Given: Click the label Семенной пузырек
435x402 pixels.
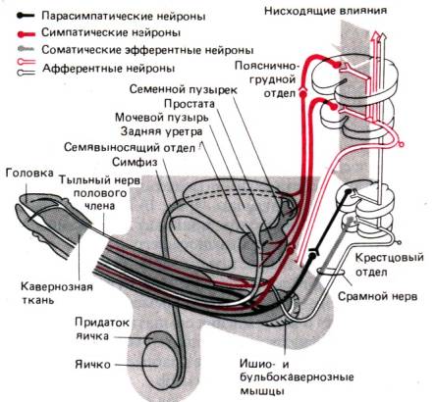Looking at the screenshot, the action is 184,89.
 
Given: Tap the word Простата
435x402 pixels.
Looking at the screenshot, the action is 190,104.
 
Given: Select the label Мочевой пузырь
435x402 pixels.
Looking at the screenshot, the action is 162,118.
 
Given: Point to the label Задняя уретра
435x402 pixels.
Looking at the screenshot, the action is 161,131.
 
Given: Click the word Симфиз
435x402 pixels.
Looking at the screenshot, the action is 135,162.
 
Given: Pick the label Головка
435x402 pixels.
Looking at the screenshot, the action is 29,173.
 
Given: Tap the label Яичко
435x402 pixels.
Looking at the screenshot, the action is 93,365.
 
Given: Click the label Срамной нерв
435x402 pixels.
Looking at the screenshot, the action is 377,297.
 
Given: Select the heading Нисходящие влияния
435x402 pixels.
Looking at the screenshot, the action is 325,11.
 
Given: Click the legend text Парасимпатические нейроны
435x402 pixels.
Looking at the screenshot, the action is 124,16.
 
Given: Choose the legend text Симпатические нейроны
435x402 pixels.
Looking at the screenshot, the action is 111,33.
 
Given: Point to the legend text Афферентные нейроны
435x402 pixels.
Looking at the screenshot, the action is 109,69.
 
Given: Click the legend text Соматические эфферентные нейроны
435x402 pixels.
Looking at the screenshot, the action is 147,51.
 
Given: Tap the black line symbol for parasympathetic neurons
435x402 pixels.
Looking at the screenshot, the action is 27,16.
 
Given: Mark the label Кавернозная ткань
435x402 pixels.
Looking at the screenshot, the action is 57,293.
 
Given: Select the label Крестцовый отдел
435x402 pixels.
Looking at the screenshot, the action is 390,265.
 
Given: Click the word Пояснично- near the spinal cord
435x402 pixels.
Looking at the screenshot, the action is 267,67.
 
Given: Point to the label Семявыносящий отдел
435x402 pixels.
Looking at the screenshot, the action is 130,147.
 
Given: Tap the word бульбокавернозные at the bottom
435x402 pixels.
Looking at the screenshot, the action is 297,377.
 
